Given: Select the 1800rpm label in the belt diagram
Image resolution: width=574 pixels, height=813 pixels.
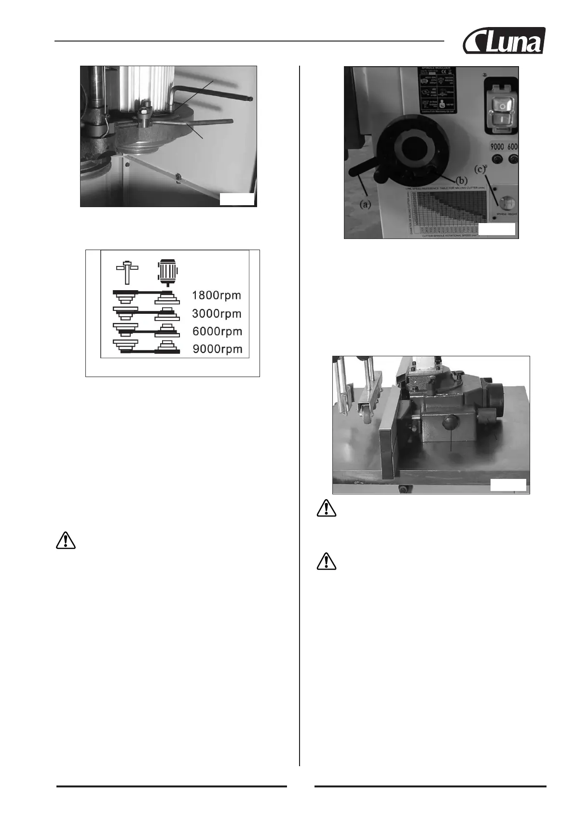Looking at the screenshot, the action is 217,295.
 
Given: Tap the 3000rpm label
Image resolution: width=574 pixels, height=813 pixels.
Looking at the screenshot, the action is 217,313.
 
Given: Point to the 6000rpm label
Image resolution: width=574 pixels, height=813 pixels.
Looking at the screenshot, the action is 217,331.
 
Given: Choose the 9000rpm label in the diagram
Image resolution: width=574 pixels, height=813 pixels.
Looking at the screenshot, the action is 218,349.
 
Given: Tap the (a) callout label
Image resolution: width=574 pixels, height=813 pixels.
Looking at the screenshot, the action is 366,204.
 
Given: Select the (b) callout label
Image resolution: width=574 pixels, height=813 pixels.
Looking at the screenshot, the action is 461,181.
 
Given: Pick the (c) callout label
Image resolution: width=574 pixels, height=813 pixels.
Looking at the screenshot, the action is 480,169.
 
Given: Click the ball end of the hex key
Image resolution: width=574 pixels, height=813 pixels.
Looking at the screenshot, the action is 252,98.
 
